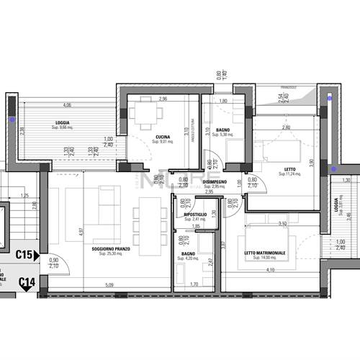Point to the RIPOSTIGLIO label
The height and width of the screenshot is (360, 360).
[196, 214]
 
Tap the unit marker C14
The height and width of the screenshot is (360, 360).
[27, 282]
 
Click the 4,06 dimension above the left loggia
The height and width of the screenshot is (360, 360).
[67, 104]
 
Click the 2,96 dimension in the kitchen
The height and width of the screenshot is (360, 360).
[163, 99]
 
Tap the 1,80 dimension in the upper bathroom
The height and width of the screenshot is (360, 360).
[223, 102]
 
